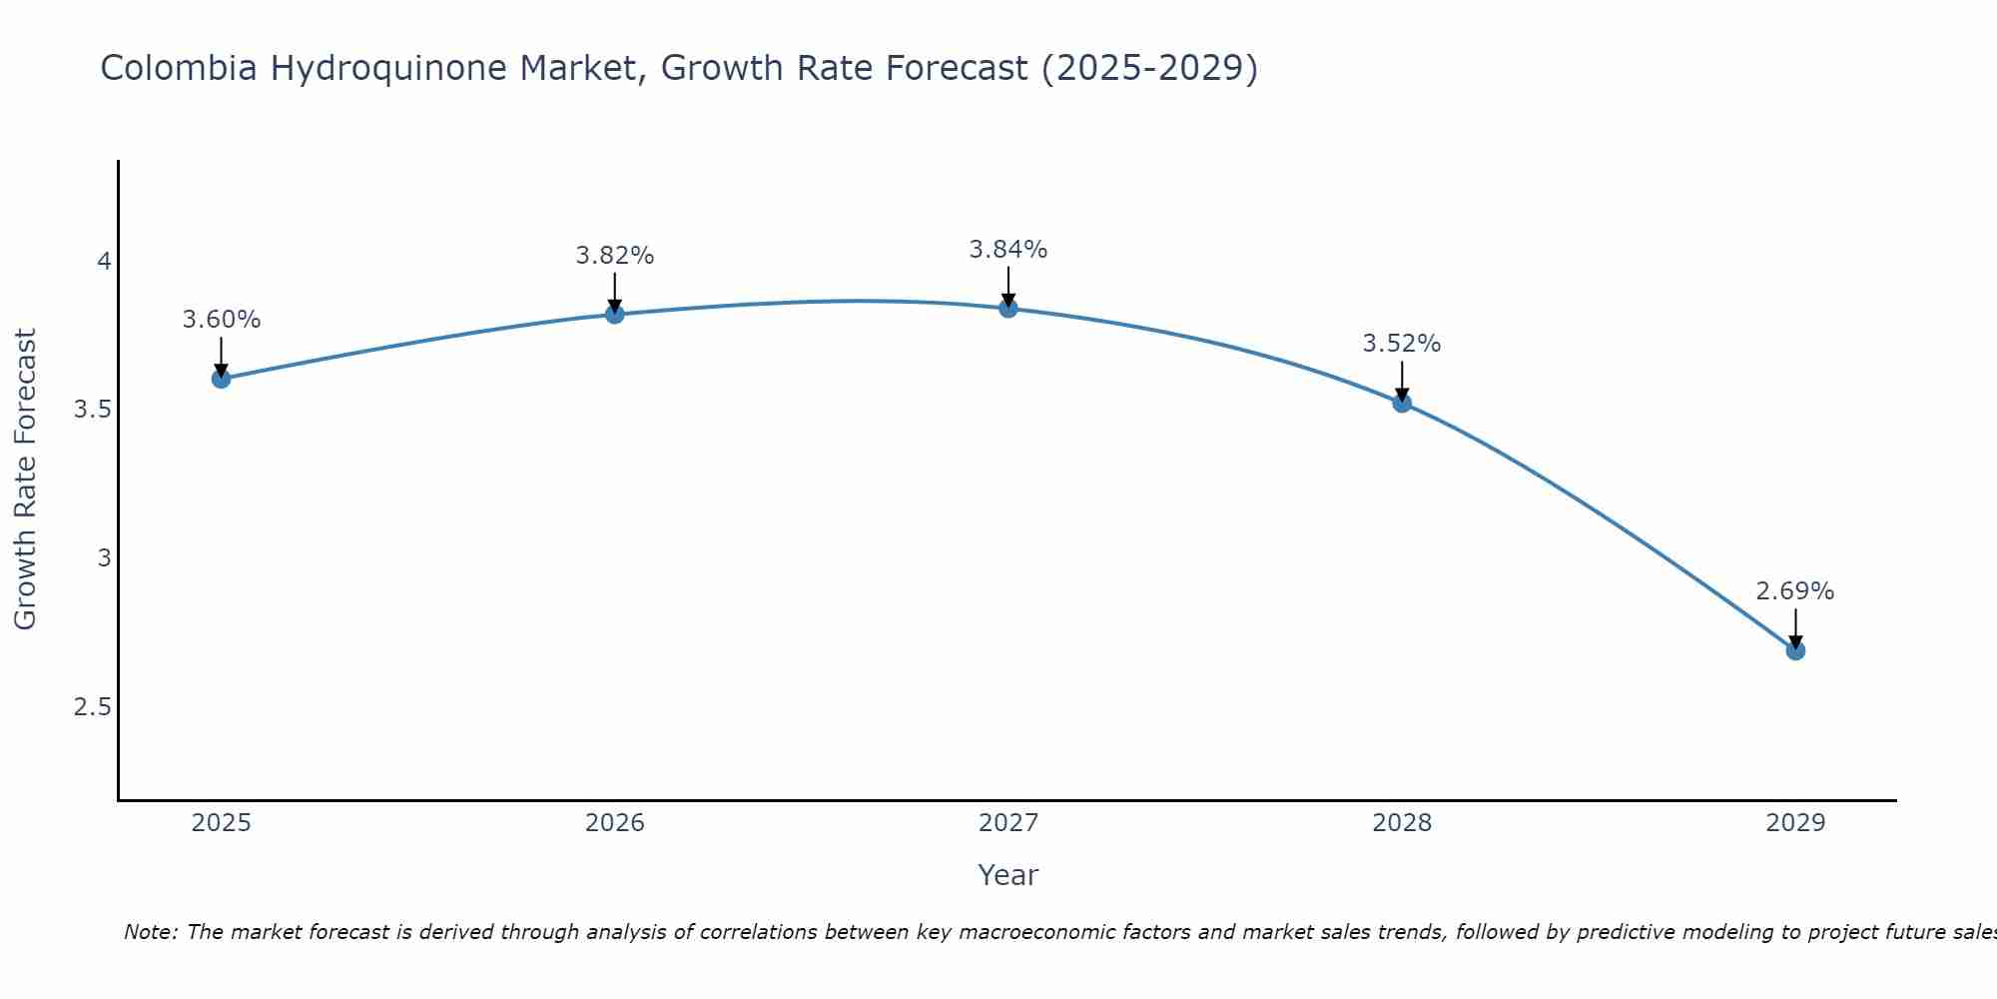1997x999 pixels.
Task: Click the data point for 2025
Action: [x=222, y=379]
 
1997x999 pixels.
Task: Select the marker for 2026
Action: [x=615, y=314]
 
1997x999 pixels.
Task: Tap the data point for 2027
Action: [x=1008, y=308]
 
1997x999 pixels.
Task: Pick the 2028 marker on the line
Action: [x=1402, y=403]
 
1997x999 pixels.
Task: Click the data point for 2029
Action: [x=1795, y=650]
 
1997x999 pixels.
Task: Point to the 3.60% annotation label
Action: [x=222, y=320]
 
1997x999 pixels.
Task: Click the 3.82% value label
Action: [x=615, y=256]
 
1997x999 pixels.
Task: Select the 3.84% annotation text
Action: [x=1008, y=250]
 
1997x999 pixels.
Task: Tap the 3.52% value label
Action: [x=1402, y=344]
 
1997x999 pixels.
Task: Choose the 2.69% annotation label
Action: [x=1795, y=591]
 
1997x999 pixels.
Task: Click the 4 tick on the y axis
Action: [x=104, y=262]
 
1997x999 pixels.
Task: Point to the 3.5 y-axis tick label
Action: [x=93, y=410]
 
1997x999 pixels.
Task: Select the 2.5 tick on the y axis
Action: [x=93, y=707]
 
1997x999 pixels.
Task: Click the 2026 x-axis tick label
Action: [x=615, y=823]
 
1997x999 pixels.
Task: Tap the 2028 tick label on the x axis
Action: [x=1402, y=823]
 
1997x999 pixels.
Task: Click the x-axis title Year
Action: [x=1008, y=875]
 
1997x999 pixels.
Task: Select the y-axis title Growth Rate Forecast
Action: [x=26, y=480]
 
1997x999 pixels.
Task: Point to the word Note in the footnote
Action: [x=150, y=932]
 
